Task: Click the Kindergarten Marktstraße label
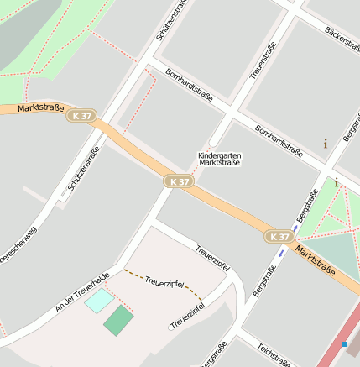[x=219, y=159]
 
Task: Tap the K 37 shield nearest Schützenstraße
[x=83, y=116]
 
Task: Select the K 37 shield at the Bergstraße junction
[x=280, y=237]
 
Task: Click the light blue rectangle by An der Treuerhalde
[x=99, y=300]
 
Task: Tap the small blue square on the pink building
[x=344, y=343]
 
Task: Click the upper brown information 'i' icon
[x=326, y=144]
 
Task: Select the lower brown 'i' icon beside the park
[x=337, y=182]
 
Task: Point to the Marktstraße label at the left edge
[x=40, y=108]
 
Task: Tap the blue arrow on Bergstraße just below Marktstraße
[x=295, y=227]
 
